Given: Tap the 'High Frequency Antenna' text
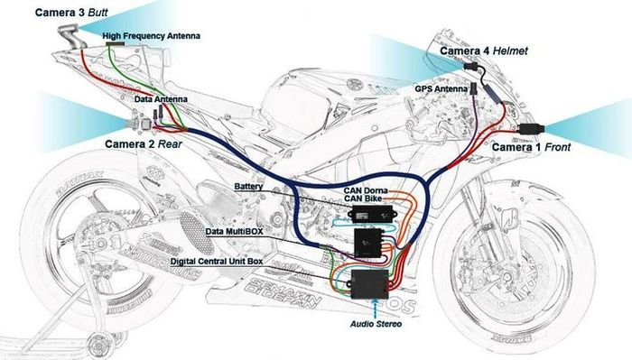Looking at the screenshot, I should (151, 36).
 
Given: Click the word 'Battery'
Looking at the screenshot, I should (248, 186).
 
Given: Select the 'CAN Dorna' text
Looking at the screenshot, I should (367, 190).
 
